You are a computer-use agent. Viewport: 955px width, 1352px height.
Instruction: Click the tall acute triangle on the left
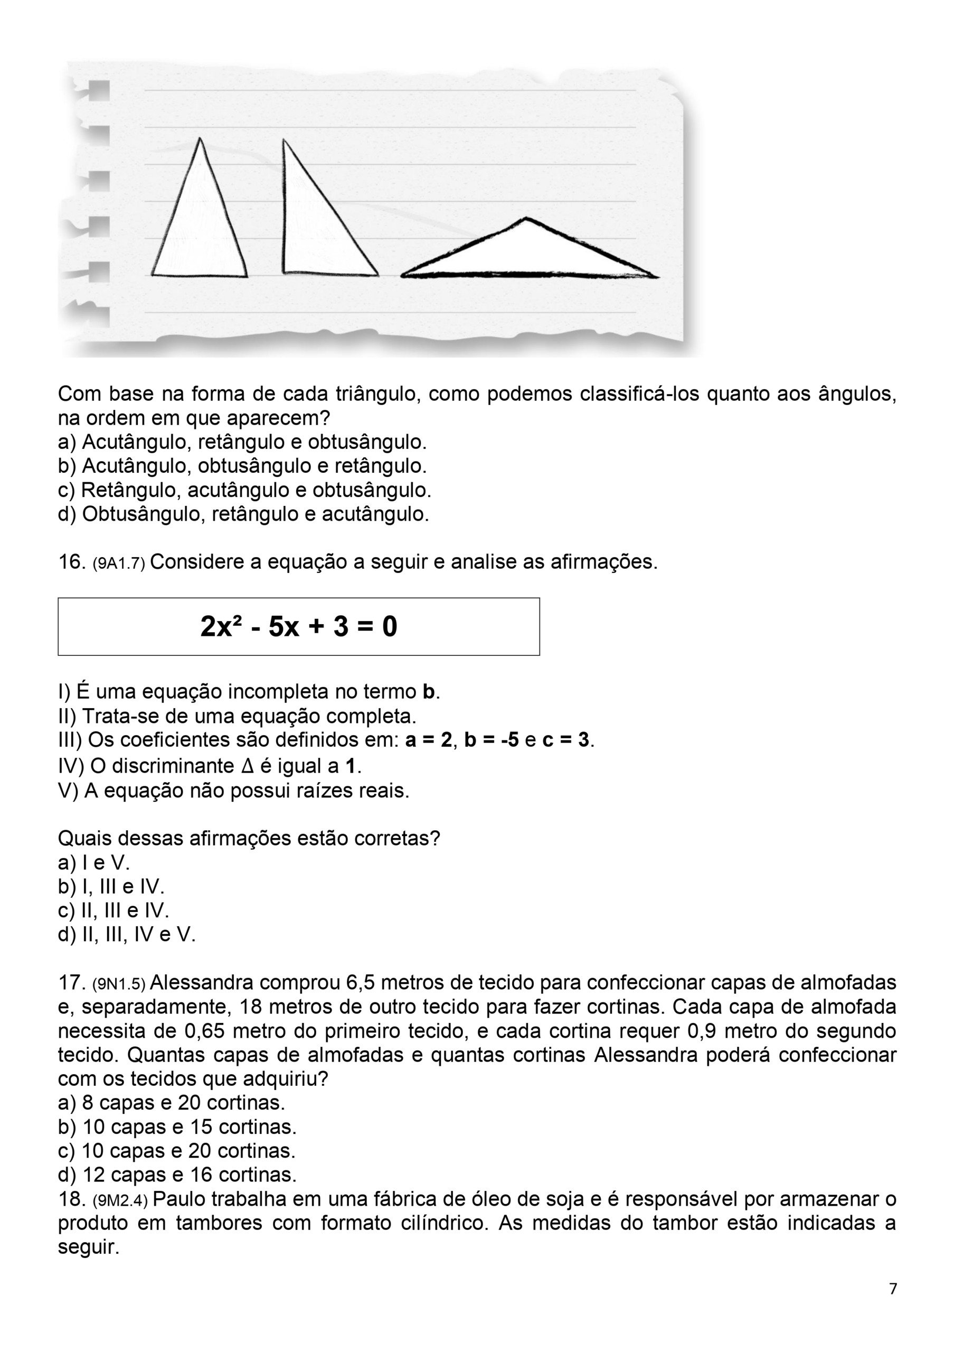(x=199, y=224)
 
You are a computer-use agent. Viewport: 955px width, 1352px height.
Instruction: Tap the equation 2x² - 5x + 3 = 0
(x=298, y=626)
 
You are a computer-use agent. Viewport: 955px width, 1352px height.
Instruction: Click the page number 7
(x=893, y=1289)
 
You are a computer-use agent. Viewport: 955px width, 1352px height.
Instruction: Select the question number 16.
(x=72, y=562)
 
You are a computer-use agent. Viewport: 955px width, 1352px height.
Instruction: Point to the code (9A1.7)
(x=119, y=564)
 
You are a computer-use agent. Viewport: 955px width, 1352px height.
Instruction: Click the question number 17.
(x=72, y=983)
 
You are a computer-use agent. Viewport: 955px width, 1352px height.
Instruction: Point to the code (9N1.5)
(x=119, y=984)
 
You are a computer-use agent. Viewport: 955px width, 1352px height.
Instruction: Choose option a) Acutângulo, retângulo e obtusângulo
(x=242, y=442)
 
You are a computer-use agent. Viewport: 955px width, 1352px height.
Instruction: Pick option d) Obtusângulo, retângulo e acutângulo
(x=243, y=514)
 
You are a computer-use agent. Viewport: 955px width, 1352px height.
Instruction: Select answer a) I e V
(x=93, y=862)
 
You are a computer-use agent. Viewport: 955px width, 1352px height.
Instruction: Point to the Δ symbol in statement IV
(x=247, y=767)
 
